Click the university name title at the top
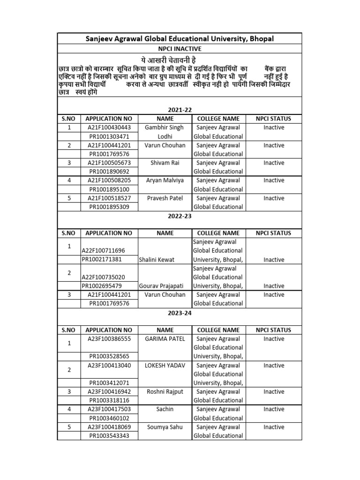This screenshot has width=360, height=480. (180, 38)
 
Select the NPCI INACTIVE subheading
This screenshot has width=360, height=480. (180, 49)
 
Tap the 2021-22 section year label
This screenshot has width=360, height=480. (180, 110)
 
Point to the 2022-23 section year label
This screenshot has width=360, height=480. (180, 217)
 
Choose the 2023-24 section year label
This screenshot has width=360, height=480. (180, 313)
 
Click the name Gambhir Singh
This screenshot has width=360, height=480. (165, 127)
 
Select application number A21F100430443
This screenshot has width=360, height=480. (109, 127)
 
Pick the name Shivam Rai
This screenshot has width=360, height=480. (165, 163)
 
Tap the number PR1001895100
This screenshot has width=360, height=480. (109, 189)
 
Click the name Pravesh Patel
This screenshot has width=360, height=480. (165, 198)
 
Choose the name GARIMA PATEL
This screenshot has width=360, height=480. (165, 339)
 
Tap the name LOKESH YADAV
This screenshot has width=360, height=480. (165, 366)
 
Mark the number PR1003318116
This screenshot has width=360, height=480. (109, 400)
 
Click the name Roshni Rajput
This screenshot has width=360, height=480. (165, 392)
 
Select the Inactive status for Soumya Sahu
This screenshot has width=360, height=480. (273, 427)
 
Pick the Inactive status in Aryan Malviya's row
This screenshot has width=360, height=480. (273, 180)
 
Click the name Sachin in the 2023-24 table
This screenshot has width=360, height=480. (165, 409)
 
